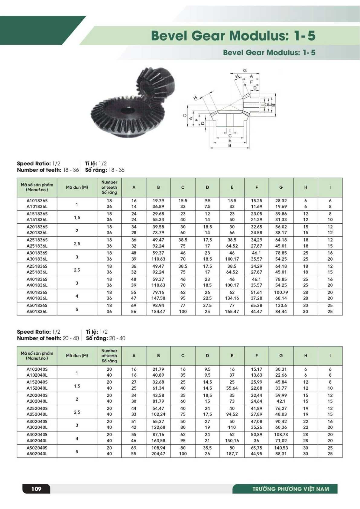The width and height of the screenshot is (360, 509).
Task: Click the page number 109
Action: pyautogui.click(x=36, y=489)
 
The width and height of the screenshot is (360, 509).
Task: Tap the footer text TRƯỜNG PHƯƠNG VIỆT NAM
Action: pyautogui.click(x=290, y=489)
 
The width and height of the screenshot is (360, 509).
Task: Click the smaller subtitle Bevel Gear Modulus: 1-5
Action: pyautogui.click(x=269, y=53)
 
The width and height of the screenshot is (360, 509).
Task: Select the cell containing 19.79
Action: pyautogui.click(x=158, y=201)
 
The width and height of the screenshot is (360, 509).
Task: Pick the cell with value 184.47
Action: pyautogui.click(x=158, y=311)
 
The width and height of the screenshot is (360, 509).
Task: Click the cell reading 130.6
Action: pyautogui.click(x=281, y=306)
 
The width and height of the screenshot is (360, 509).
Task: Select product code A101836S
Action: pyautogui.click(x=37, y=201)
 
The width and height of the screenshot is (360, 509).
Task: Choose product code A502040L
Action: pyautogui.click(x=37, y=454)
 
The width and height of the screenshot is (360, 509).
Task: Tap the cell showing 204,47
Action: pyautogui.click(x=158, y=454)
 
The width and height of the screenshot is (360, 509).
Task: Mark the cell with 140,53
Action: pyautogui.click(x=281, y=448)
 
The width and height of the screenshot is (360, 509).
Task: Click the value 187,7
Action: pyautogui.click(x=232, y=454)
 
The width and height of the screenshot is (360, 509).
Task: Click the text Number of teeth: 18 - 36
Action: pyautogui.click(x=48, y=170)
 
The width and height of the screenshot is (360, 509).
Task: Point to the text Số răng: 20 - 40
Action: pyautogui.click(x=105, y=338)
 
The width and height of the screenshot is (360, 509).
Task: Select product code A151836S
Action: pyautogui.click(x=37, y=214)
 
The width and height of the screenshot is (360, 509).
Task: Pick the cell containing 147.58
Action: pyautogui.click(x=158, y=298)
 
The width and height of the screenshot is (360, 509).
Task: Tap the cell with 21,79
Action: pyautogui.click(x=158, y=369)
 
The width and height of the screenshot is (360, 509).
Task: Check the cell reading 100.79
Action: pyautogui.click(x=281, y=293)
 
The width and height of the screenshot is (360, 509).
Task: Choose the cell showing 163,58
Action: pyautogui.click(x=158, y=441)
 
